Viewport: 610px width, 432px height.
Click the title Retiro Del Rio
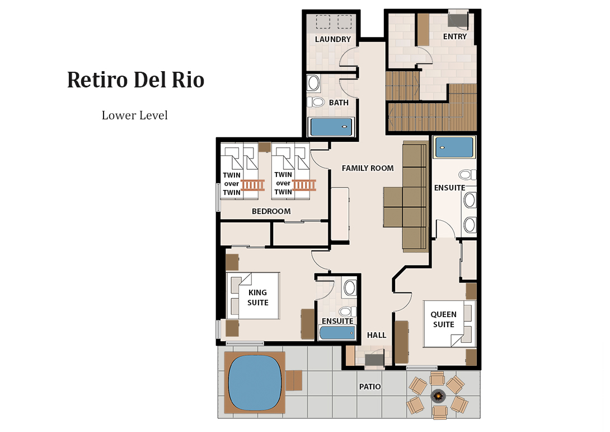click(135, 80)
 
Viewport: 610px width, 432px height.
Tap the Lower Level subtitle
click(135, 115)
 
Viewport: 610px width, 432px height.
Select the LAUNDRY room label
click(332, 39)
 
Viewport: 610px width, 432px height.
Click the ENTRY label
click(454, 36)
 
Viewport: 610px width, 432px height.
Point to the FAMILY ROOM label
click(368, 168)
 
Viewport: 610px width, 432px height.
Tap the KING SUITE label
click(258, 298)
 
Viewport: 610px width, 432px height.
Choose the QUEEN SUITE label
click(443, 319)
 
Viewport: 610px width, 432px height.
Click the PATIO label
click(370, 387)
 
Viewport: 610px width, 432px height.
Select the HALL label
click(377, 335)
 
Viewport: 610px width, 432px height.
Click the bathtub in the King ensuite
click(337, 333)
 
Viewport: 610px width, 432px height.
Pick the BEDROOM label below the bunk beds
click(271, 211)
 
